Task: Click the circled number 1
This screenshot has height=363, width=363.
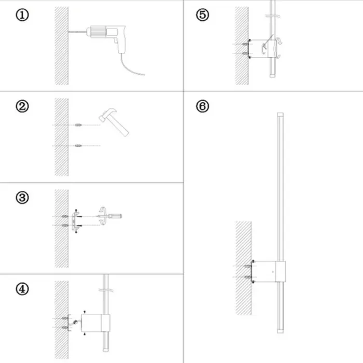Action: (22, 15)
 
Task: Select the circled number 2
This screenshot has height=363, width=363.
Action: (22, 107)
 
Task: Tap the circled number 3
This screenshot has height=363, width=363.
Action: (22, 198)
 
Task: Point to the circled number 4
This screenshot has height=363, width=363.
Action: (22, 289)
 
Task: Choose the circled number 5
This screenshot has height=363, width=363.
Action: (203, 15)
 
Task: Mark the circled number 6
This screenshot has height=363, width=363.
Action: (203, 106)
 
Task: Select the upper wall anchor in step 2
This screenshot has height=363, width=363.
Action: (78, 125)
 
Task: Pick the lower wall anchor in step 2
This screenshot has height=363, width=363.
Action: (78, 146)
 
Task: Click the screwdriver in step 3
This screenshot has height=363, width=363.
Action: (115, 215)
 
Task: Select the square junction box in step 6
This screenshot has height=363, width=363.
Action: (270, 271)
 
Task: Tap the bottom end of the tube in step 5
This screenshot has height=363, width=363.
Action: (271, 78)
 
